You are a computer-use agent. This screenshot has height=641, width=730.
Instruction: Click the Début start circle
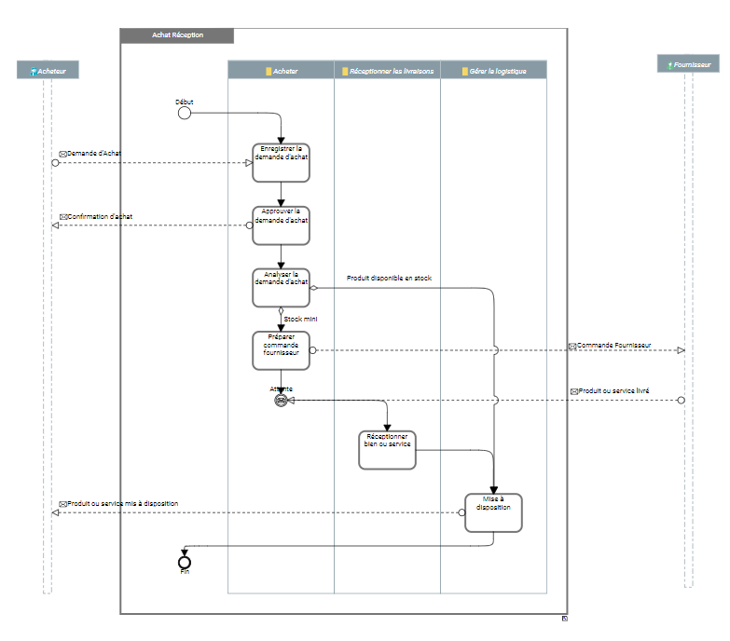point(184,113)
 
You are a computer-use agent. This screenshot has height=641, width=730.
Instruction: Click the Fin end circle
point(184,562)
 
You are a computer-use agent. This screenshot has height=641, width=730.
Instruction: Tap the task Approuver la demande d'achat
point(281,225)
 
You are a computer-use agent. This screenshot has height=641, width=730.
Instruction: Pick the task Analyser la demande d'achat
point(281,287)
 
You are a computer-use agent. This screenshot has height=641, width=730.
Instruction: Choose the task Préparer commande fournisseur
point(281,349)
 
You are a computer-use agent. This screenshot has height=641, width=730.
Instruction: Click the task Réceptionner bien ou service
point(387,450)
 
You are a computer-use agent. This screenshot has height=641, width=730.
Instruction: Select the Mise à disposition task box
point(493,512)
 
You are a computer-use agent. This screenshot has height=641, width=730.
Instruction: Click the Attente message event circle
point(281,400)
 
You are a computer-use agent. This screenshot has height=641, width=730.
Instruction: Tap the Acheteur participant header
point(48,70)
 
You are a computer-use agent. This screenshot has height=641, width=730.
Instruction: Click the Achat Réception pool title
point(177,35)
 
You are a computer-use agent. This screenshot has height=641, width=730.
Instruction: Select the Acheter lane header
point(281,70)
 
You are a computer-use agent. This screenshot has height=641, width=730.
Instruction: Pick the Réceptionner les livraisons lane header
point(387,70)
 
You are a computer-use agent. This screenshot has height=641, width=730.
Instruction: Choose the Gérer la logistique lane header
point(493,70)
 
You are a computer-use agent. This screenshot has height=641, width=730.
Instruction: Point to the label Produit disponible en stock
point(389,278)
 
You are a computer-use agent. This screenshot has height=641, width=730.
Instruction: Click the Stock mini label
point(301,320)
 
